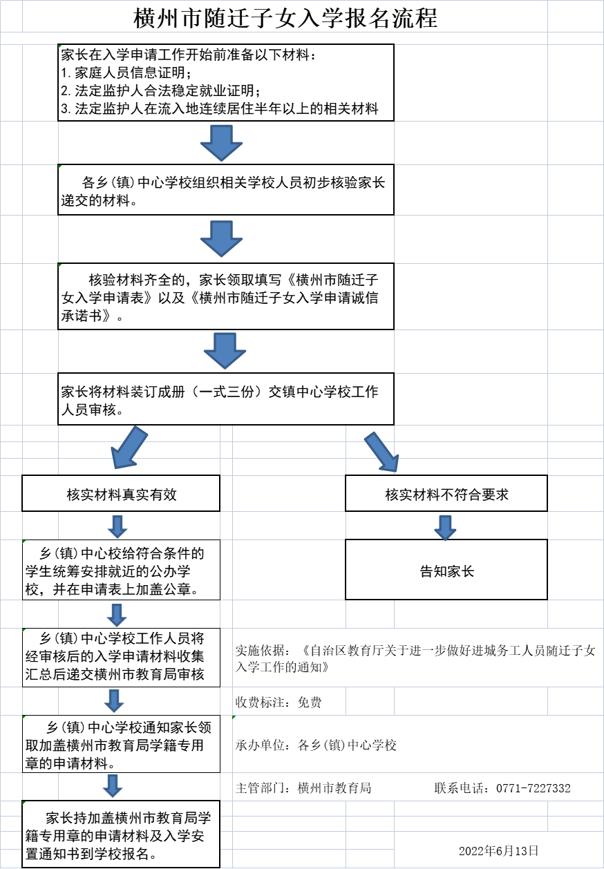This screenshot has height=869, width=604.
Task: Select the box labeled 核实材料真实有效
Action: coord(121,494)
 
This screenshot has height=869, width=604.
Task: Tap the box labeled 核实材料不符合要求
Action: coord(446,494)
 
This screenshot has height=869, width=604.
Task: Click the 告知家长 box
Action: coord(446,570)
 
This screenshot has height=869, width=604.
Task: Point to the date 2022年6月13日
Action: coord(498,850)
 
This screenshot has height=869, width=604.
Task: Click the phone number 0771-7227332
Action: coord(533,788)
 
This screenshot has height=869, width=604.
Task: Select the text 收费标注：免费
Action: coord(279,703)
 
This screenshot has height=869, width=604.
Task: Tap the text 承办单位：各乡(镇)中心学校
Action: coord(316,745)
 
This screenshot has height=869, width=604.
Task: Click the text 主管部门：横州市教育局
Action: coord(303,788)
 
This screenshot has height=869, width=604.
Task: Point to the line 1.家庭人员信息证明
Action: coord(126,73)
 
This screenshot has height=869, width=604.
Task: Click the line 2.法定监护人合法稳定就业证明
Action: coord(160,90)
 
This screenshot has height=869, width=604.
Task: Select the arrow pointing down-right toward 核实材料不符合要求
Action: coord(381,451)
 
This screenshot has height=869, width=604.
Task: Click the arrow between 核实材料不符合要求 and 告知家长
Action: coord(446,526)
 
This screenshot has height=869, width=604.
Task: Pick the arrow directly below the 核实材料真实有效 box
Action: coord(117,526)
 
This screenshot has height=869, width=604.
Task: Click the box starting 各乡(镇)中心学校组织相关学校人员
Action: coord(225,190)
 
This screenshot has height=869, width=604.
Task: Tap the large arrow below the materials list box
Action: coord(221,143)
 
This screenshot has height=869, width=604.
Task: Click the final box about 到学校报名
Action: coord(121,834)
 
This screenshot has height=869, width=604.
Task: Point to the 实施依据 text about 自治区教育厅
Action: coord(415,659)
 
